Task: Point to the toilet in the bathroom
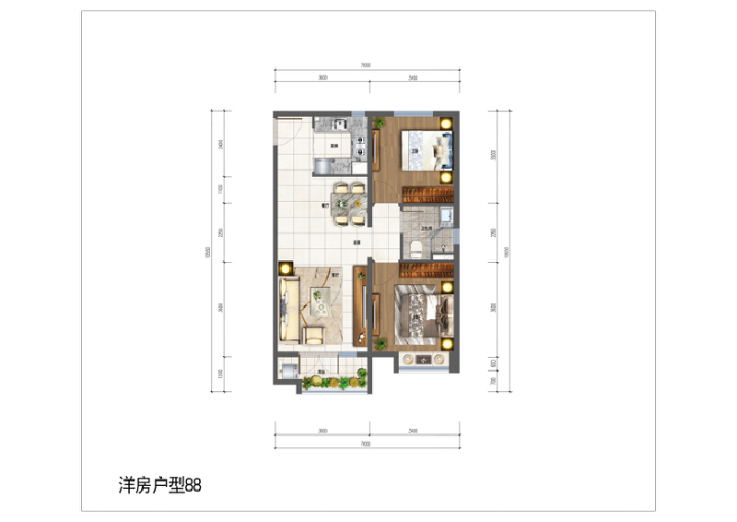[x=417, y=247]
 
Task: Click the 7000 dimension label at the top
[x=366, y=65]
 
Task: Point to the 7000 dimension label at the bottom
[x=366, y=444]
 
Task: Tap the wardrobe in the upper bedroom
[x=429, y=191]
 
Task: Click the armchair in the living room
[x=314, y=334]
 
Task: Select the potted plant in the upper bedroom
[x=378, y=121]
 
